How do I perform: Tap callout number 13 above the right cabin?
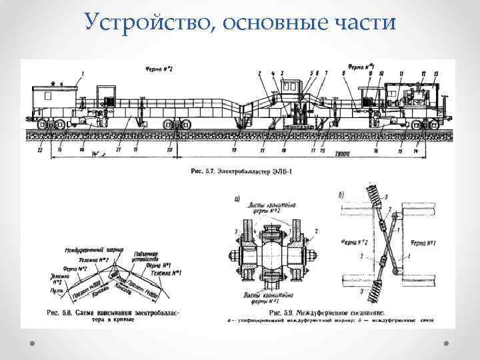click(435, 73)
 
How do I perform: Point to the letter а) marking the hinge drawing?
click(237, 198)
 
